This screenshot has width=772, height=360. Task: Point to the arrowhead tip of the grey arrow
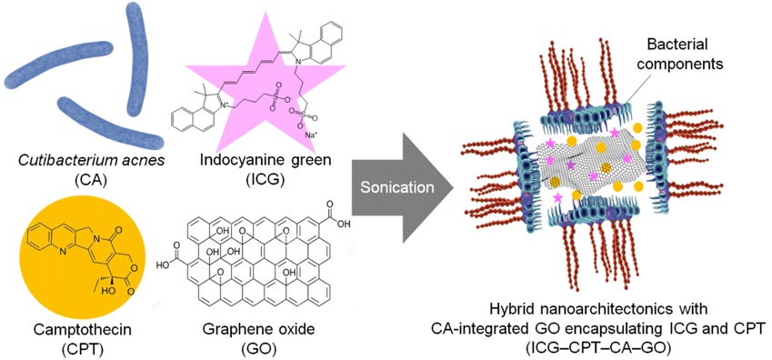(x=454, y=187)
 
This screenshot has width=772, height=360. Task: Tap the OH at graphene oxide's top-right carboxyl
(x=345, y=225)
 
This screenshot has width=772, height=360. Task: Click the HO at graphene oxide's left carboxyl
(x=165, y=267)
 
